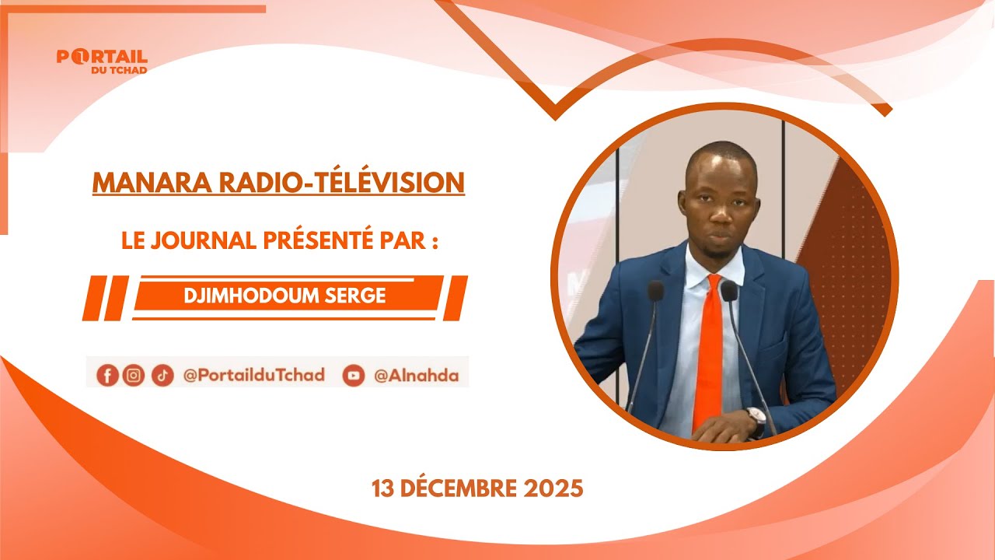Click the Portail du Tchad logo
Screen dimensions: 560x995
102,61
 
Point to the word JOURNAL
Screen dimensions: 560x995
206,240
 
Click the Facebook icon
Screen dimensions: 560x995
107,376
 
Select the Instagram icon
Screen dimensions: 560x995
134,376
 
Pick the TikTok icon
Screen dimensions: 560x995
162,376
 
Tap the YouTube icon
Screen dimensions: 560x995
354,376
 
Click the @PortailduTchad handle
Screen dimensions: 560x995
253,376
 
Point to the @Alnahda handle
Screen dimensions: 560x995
416,376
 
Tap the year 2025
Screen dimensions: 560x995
553,488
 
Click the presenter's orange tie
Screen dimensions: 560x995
709,350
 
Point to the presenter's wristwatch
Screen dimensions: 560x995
756,420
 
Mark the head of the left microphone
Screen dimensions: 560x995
656,291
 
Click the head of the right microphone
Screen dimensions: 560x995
728,291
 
